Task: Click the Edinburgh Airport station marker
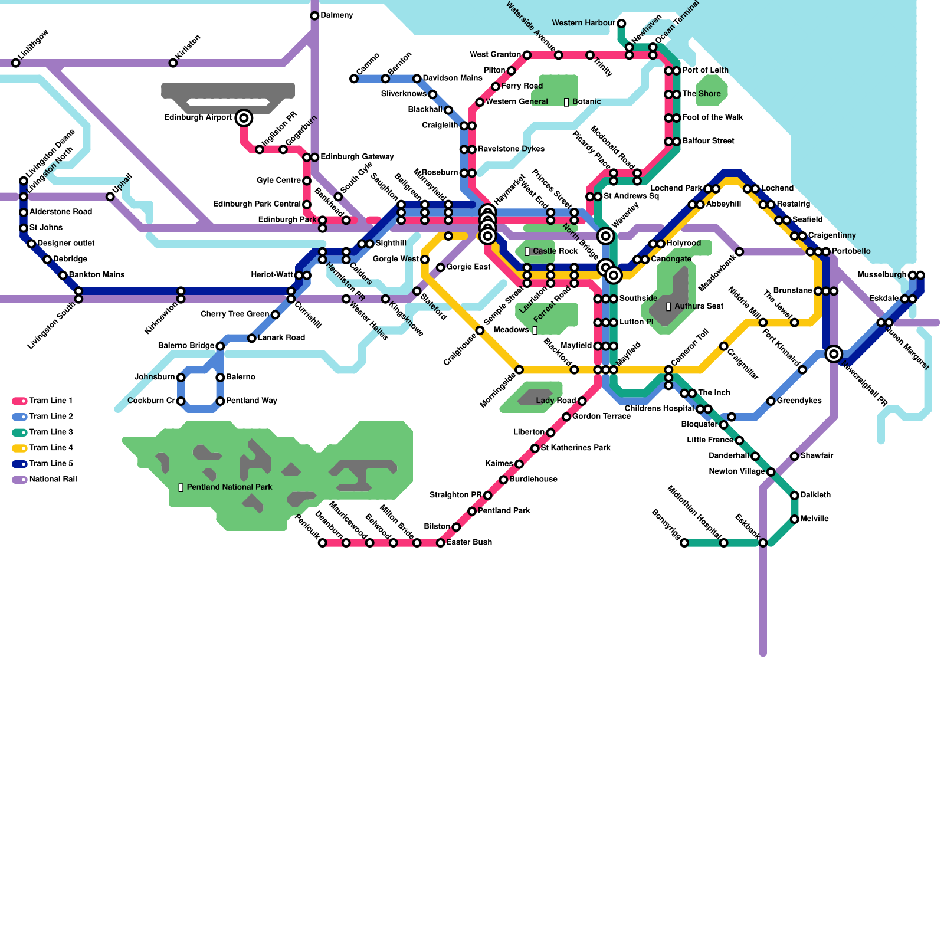244,118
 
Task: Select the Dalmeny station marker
314,15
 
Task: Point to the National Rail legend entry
45,480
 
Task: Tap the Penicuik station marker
322,543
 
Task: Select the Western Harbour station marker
621,24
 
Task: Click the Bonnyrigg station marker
684,543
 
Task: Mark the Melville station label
814,519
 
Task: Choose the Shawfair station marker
795,456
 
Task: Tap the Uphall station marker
110,196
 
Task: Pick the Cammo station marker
354,78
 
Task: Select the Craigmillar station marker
723,346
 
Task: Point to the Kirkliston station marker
173,63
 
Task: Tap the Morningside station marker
519,370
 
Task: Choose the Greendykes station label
799,401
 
